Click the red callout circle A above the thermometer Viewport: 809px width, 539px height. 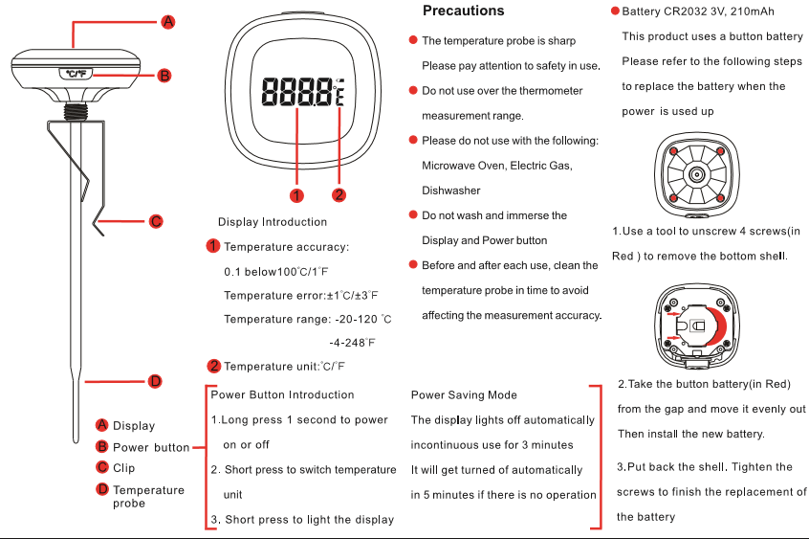pyautogui.click(x=167, y=22)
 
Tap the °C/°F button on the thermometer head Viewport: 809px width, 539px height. pyautogui.click(x=77, y=74)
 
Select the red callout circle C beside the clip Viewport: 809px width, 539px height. pyautogui.click(x=155, y=221)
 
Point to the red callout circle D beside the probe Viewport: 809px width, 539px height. pyautogui.click(x=155, y=381)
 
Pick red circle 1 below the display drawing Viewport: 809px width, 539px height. pyautogui.click(x=296, y=195)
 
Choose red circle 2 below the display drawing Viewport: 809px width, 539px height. pyautogui.click(x=339, y=195)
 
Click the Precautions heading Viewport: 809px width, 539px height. pyautogui.click(x=464, y=11)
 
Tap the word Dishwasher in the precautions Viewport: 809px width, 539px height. pyautogui.click(x=451, y=191)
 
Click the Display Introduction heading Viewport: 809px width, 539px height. pyautogui.click(x=273, y=222)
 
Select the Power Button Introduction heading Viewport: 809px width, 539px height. pyautogui.click(x=282, y=394)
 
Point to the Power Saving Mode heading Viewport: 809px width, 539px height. pyautogui.click(x=464, y=395)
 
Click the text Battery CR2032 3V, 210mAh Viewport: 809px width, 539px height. pyautogui.click(x=697, y=11)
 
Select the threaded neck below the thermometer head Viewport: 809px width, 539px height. pyautogui.click(x=76, y=112)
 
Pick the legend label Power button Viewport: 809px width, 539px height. pyautogui.click(x=151, y=447)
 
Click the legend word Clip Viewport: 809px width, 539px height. pyautogui.click(x=123, y=468)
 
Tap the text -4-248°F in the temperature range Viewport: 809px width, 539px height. pyautogui.click(x=353, y=343)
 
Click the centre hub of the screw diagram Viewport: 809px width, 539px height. pyautogui.click(x=696, y=174)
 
